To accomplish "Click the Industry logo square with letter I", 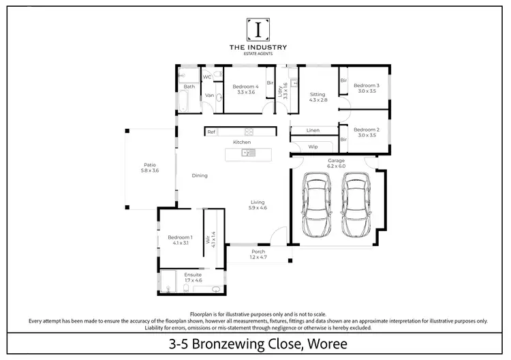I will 258,29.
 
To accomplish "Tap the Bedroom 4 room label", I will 245,87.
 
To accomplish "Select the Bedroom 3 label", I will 366,85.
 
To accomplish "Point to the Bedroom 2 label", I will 366,130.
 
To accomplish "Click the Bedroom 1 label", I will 181,237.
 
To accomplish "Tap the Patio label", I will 149,164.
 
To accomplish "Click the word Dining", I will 199,175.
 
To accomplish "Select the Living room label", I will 258,202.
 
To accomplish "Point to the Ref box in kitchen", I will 211,132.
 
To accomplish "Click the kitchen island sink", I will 248,153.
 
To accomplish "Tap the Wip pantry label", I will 313,147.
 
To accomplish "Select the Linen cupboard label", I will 313,130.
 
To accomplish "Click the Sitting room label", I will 318,94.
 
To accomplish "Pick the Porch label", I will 258,252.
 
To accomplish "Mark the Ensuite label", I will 193,275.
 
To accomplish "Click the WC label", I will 207,77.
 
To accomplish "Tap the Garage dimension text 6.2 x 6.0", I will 337,166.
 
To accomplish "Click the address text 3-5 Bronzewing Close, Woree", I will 258,344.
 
